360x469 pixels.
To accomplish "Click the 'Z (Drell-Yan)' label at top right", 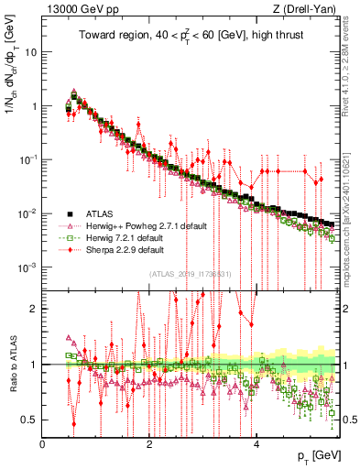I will pyautogui.click(x=308, y=9).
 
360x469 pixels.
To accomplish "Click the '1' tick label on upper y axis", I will pyautogui.click(x=35, y=105).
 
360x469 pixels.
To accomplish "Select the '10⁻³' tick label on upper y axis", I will pyautogui.click(x=29, y=267).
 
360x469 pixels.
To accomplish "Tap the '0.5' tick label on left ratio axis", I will pyautogui.click(x=31, y=420).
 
